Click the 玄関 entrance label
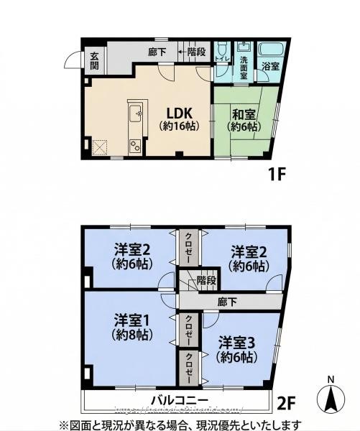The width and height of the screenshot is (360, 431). coord(94,60)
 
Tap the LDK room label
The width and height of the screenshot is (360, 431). coord(178,113)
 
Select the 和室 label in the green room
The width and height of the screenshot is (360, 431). coord(243,113)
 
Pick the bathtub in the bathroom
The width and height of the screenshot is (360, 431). coord(272,50)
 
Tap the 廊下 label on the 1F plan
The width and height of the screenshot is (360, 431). coord(157,52)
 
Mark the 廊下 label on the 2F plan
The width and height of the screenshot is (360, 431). coord(229,301)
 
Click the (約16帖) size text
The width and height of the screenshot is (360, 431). coord(178,126)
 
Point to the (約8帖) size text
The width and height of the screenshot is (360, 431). coord(131,334)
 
